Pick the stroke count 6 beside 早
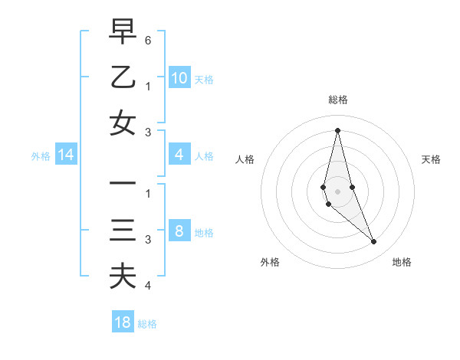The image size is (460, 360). point(148,39)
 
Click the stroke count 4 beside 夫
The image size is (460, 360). point(148,286)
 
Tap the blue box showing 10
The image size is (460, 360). point(179,77)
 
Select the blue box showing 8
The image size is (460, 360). point(179,231)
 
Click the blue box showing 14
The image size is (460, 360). point(66,155)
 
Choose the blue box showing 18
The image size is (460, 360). point(123,322)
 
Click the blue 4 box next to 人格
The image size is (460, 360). point(179,155)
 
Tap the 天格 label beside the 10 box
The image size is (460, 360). point(203,79)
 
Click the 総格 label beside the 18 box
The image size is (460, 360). point(147,324)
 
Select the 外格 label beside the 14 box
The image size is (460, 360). point(41,156)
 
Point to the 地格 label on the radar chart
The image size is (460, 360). point(402,262)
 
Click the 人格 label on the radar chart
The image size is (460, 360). point(245,159)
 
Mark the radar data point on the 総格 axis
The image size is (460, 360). point(337,130)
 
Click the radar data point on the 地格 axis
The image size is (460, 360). point(373,242)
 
